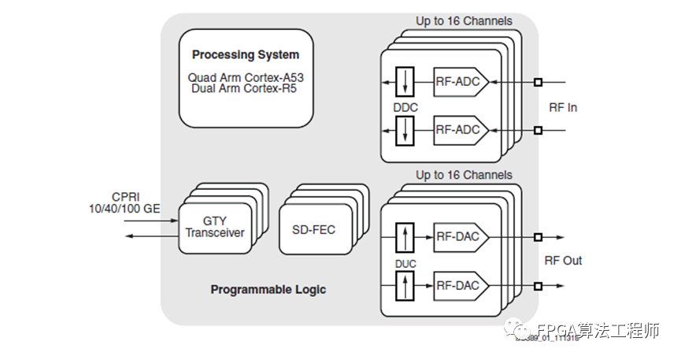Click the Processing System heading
(x=246, y=55)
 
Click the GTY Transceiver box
(x=215, y=227)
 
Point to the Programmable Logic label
(x=268, y=289)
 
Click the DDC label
(x=405, y=106)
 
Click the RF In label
(x=563, y=106)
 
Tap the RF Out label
(x=563, y=261)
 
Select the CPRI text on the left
(x=126, y=197)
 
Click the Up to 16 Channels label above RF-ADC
(x=464, y=21)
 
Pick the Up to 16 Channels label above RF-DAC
(x=464, y=175)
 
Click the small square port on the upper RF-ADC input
(x=538, y=81)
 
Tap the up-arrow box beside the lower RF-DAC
(x=405, y=285)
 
